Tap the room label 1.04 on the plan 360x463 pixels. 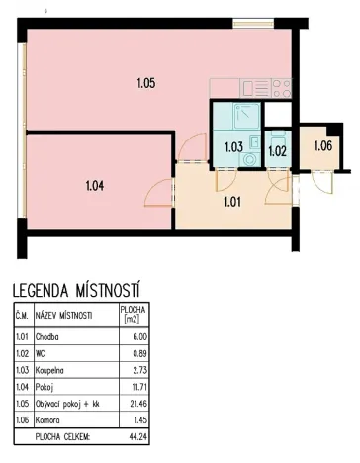[x=95, y=183]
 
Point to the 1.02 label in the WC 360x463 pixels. [x=278, y=151]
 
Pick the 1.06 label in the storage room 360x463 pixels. [x=324, y=147]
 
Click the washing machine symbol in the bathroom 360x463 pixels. [x=250, y=156]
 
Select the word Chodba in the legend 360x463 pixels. [x=47, y=336]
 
